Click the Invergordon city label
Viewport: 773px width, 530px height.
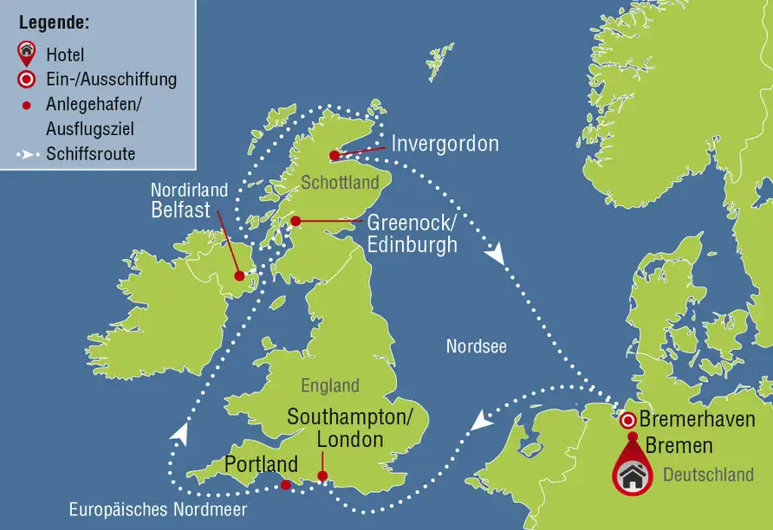click(445, 144)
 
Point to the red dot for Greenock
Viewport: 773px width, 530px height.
click(296, 221)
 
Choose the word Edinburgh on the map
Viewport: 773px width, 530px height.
click(412, 245)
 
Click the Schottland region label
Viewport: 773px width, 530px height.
click(340, 183)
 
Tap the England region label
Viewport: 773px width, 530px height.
click(329, 386)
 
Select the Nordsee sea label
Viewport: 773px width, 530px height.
click(476, 346)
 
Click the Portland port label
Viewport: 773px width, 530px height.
click(261, 464)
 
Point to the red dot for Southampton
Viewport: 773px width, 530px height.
click(322, 475)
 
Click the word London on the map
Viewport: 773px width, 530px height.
click(349, 439)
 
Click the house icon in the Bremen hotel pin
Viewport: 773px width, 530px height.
click(635, 475)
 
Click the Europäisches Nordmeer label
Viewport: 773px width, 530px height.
click(158, 510)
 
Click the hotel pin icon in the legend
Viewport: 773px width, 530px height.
click(27, 54)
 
